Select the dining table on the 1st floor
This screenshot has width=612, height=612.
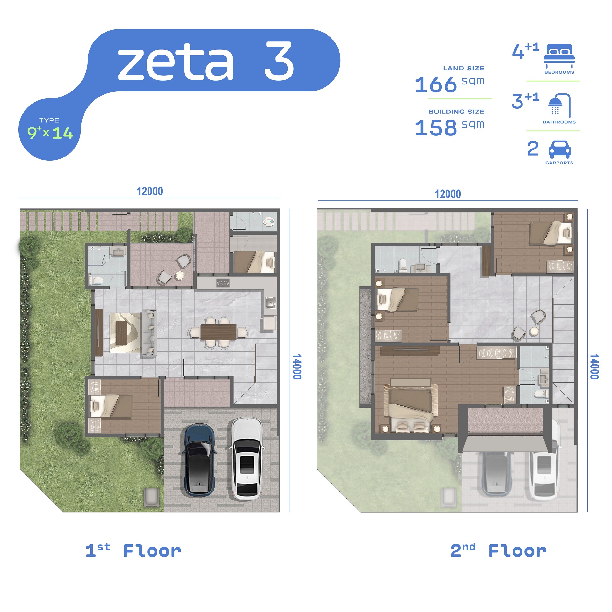[218, 332]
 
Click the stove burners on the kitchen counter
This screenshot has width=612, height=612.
[223, 283]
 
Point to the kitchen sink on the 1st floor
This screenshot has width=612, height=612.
[270, 302]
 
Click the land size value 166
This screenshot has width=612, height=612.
[436, 85]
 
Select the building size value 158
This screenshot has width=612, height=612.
[436, 128]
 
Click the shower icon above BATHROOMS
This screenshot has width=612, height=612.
[559, 105]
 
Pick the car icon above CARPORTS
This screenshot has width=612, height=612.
[559, 149]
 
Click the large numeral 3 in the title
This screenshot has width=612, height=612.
[279, 61]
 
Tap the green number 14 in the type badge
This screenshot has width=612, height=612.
[63, 133]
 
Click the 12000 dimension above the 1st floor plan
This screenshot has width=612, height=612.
[149, 191]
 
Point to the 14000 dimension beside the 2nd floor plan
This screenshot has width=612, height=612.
[594, 366]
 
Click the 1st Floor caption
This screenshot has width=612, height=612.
[133, 551]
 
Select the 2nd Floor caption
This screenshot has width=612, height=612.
[498, 551]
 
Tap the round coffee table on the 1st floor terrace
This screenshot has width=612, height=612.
[180, 275]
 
